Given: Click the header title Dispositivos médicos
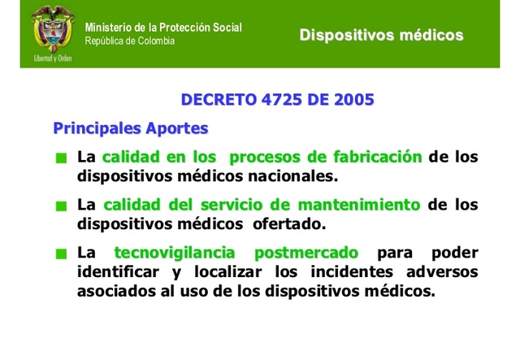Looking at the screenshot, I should click(x=381, y=35).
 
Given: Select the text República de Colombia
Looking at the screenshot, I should click(x=130, y=41).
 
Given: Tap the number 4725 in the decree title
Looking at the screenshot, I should click(x=279, y=100).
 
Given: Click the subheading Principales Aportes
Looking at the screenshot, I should click(x=130, y=128).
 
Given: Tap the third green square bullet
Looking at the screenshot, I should click(x=60, y=254).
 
